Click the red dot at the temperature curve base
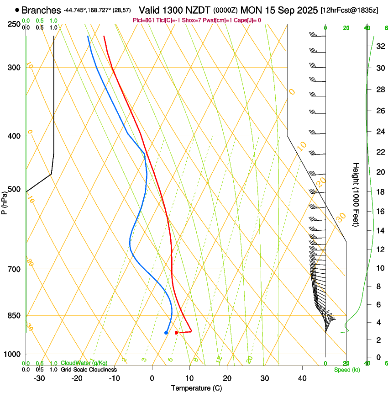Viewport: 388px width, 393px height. (x=176, y=332)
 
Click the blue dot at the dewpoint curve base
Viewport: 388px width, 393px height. (x=166, y=332)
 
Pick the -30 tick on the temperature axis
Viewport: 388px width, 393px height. (x=39, y=378)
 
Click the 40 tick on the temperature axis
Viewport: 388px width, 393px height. (x=302, y=378)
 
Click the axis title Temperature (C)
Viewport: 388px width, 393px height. (x=196, y=388)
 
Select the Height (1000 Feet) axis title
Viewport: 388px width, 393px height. (x=356, y=194)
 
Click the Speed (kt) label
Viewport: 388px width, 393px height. (x=347, y=370)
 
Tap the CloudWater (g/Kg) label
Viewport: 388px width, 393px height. (x=84, y=363)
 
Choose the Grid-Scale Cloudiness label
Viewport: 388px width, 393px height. (x=89, y=370)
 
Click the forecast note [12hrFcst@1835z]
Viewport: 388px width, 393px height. (x=349, y=11)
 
